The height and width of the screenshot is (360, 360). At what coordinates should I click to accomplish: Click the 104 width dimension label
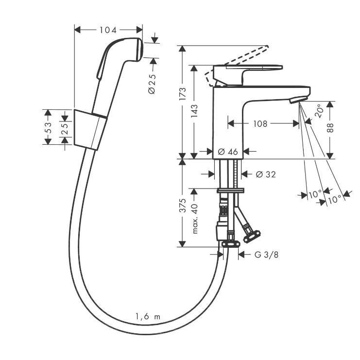[x=108, y=30]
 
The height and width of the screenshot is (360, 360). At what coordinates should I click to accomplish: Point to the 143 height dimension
[x=194, y=112]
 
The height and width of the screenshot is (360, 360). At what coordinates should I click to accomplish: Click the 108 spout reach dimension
[x=260, y=124]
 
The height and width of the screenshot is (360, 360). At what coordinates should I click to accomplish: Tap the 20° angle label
[x=319, y=111]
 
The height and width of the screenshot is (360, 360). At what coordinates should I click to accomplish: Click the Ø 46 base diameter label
[x=228, y=152]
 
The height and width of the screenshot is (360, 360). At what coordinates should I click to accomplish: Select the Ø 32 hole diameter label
[x=265, y=174]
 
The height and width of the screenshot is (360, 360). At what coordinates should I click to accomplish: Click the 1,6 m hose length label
[x=148, y=317]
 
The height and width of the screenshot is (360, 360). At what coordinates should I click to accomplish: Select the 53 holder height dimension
[x=48, y=127]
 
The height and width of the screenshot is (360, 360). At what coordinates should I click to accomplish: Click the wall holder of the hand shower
[x=89, y=128]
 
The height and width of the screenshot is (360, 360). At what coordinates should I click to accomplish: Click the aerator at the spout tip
[x=296, y=100]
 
